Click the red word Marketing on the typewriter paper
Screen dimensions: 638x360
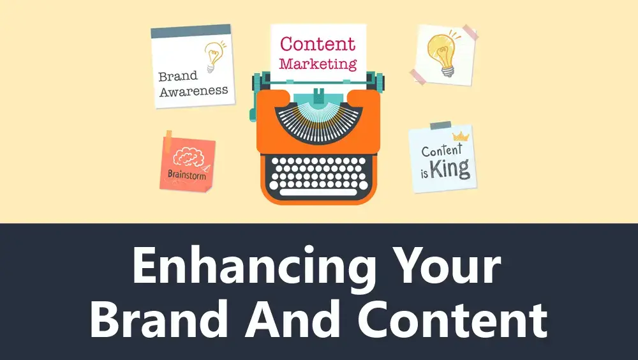(x=318, y=64)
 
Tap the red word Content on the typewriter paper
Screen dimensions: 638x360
(x=318, y=44)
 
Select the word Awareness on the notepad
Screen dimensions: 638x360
(x=194, y=91)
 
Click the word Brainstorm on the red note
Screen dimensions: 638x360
(x=187, y=175)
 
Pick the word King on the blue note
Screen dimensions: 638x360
(x=450, y=169)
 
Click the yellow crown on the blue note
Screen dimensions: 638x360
(x=461, y=137)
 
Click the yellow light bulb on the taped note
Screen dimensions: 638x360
(x=443, y=54)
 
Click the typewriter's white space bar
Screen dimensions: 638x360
(x=318, y=193)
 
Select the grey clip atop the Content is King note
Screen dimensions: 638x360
(x=441, y=126)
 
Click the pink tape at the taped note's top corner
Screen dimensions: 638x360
(x=470, y=32)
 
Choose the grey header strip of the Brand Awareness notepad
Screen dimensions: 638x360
(x=191, y=31)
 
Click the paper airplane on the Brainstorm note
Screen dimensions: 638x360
(x=206, y=167)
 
